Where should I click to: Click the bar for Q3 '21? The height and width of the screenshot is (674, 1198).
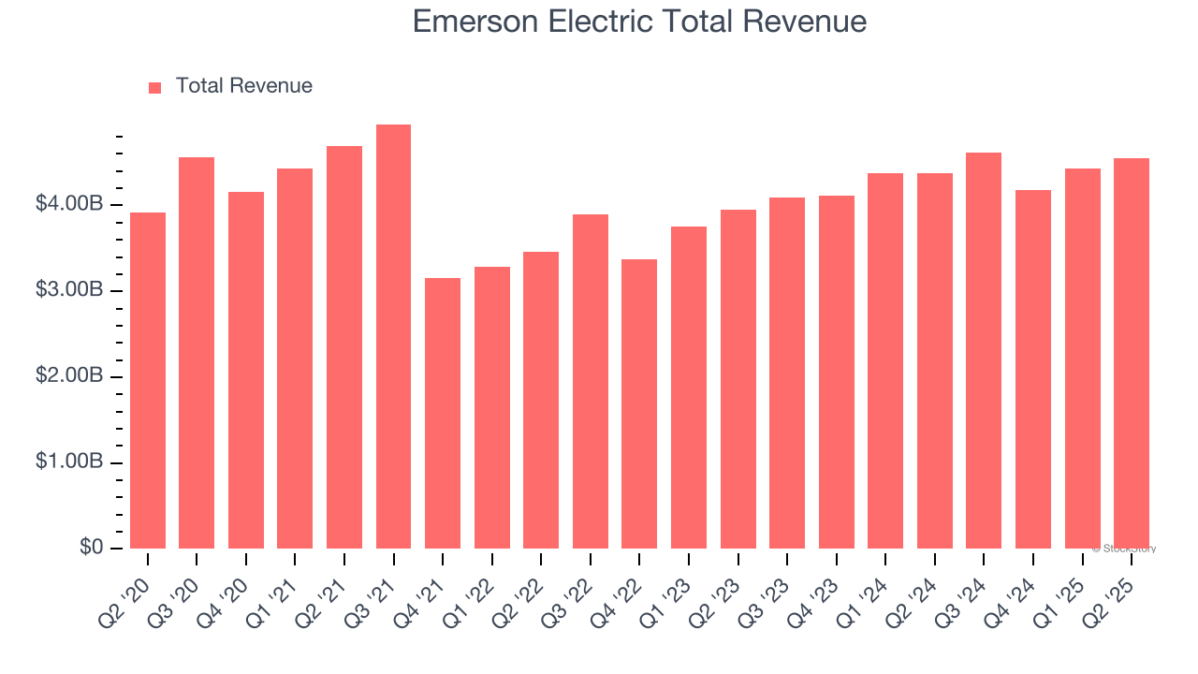tap(393, 337)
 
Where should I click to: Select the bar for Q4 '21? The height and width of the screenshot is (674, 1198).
tap(443, 413)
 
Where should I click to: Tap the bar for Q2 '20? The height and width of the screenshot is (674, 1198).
tap(148, 380)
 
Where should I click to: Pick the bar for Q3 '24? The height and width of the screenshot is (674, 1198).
tap(984, 350)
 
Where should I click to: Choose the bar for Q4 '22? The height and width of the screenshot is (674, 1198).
tap(639, 403)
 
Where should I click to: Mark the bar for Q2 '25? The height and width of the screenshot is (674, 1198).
tap(1132, 353)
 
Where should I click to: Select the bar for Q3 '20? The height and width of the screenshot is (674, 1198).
tap(197, 353)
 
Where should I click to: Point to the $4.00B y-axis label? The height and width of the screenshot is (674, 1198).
tap(70, 204)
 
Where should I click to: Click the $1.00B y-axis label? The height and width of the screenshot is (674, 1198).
tap(70, 462)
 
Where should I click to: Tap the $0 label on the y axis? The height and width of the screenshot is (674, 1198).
tap(91, 548)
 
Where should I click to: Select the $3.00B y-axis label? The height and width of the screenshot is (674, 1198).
tap(70, 290)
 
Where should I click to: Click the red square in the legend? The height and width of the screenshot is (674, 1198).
tap(155, 87)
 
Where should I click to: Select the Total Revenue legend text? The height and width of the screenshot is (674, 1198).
tap(243, 86)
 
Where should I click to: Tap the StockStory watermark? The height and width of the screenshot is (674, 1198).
tap(1124, 549)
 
